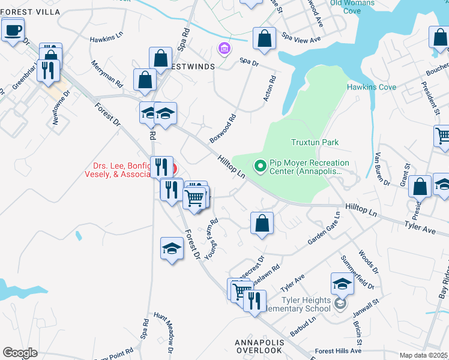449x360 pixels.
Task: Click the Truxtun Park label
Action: pos(315,143)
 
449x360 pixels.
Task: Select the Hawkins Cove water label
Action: pos(371,87)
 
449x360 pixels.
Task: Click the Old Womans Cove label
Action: pos(352,7)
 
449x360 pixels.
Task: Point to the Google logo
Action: pos(20,353)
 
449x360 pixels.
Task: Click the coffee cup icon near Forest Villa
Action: pos(13,29)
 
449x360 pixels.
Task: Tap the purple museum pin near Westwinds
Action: pos(224,47)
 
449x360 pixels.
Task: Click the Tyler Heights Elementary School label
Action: pos(307,304)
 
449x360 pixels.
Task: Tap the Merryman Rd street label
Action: pos(107,73)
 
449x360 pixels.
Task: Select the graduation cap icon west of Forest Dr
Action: pos(172,248)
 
